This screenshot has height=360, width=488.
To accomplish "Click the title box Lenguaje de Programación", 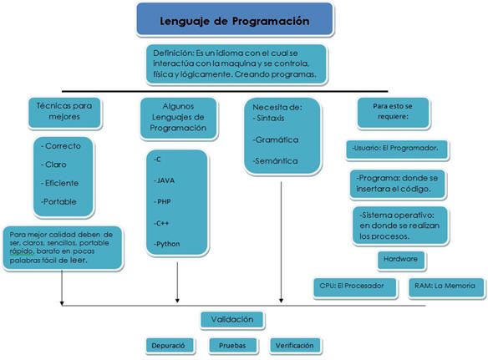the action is coord(235,19).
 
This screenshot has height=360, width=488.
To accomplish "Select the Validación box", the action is coord(232,320).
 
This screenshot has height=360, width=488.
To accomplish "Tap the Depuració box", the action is coord(170,345).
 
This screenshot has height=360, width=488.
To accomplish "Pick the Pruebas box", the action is coord(233,345).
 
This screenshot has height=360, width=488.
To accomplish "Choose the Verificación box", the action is coord(295,345).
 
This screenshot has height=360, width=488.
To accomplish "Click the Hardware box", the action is coord(401,260).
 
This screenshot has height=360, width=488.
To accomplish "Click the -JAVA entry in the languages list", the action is coord(164,180).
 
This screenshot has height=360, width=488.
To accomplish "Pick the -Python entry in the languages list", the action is coord(166,244).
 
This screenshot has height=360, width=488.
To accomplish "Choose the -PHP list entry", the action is coord(162,201).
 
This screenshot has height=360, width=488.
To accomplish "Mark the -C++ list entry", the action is coord(161,223).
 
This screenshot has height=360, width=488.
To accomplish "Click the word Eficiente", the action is coord(62,183).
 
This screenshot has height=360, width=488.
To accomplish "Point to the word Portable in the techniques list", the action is coord(60,201).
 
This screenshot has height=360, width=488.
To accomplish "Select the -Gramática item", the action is coord(276,140).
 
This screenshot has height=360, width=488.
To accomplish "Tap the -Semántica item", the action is coord(275,161).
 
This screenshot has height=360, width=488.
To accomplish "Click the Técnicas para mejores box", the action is coord(64,112).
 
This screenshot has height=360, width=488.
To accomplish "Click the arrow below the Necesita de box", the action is coord(281,242).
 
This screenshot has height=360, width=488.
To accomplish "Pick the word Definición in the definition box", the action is coord(173,53).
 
